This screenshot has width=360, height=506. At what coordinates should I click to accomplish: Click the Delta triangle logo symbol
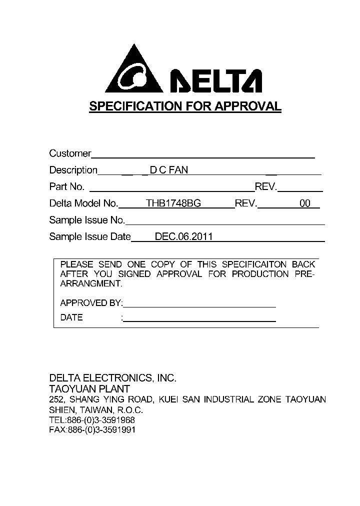pyautogui.click(x=134, y=71)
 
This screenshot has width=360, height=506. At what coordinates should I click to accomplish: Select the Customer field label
pyautogui.click(x=70, y=153)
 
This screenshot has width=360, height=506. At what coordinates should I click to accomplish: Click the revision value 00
pyautogui.click(x=304, y=203)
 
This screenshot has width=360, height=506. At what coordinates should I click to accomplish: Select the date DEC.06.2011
pyautogui.click(x=183, y=236)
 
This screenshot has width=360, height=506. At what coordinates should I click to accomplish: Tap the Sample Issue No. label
pyautogui.click(x=87, y=220)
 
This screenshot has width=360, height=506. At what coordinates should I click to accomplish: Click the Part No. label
pyautogui.click(x=67, y=186)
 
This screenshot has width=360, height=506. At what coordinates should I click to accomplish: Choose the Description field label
pyautogui.click(x=73, y=170)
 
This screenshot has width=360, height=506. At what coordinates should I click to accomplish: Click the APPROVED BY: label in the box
pyautogui.click(x=91, y=303)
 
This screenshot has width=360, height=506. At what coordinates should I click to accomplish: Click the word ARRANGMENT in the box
pyautogui.click(x=90, y=283)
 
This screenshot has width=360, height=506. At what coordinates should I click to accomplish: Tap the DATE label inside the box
pyautogui.click(x=71, y=317)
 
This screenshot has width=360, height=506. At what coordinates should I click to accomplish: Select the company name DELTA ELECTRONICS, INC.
pyautogui.click(x=112, y=378)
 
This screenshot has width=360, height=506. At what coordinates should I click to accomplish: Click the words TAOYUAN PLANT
pyautogui.click(x=89, y=389)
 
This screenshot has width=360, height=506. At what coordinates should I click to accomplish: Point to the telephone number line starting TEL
pyautogui.click(x=92, y=420)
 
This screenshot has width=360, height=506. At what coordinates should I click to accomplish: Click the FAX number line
pyautogui.click(x=92, y=430)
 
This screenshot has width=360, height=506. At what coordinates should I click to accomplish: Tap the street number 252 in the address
pyautogui.click(x=55, y=399)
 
